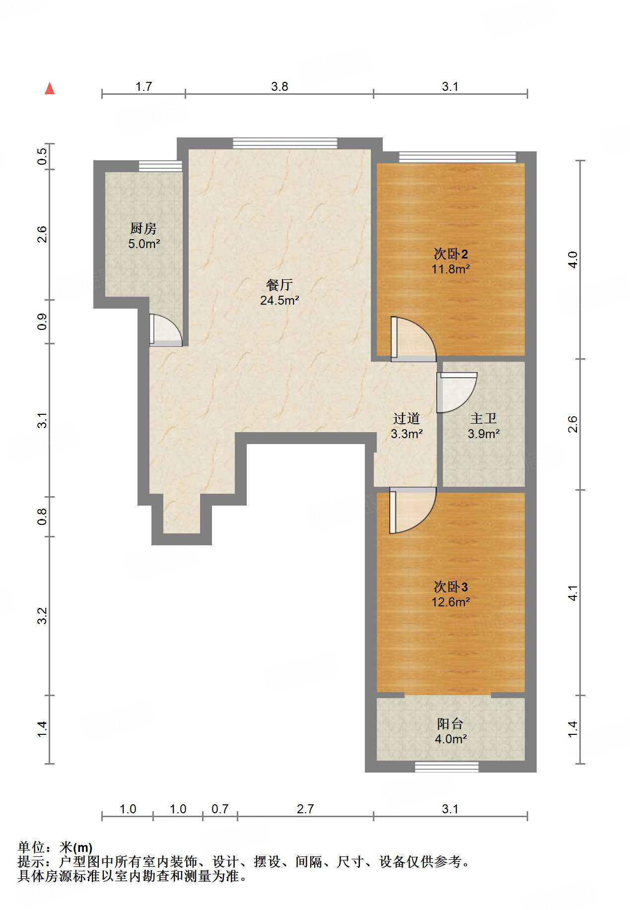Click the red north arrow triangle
50,88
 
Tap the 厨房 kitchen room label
143,228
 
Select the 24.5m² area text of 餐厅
280,300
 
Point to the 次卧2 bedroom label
451,254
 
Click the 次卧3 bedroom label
451,587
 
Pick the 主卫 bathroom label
484,419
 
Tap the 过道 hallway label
407,419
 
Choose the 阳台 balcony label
450,724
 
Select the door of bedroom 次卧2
413,339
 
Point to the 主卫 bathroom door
457,392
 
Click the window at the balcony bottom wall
447,767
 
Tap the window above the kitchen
160,166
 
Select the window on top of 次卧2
458,157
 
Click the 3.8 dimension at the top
280,87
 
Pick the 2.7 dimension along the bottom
305,809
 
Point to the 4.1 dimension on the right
573,593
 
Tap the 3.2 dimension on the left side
43,616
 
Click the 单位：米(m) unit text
55,848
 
